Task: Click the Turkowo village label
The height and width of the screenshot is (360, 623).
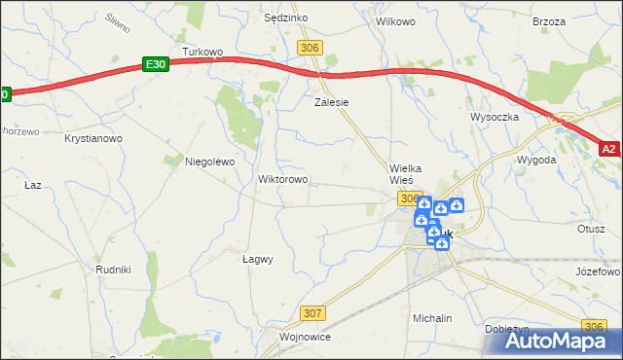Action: [x=203, y=53]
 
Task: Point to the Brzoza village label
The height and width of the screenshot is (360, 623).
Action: [x=549, y=20]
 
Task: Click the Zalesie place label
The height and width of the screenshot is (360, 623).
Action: [x=331, y=101]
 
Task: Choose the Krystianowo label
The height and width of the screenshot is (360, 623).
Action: [x=93, y=139]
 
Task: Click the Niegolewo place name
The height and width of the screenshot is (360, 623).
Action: [x=210, y=162]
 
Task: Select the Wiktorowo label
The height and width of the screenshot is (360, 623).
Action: [x=282, y=180]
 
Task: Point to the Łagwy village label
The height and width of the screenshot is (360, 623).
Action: [x=257, y=259]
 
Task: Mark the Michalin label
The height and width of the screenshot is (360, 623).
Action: [x=432, y=318]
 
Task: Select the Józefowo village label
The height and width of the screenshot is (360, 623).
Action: [x=598, y=271]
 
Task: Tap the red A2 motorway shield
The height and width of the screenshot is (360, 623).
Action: [x=608, y=149]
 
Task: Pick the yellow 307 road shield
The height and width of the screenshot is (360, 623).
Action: [x=311, y=313]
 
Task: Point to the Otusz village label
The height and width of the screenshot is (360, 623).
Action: [x=591, y=229]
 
